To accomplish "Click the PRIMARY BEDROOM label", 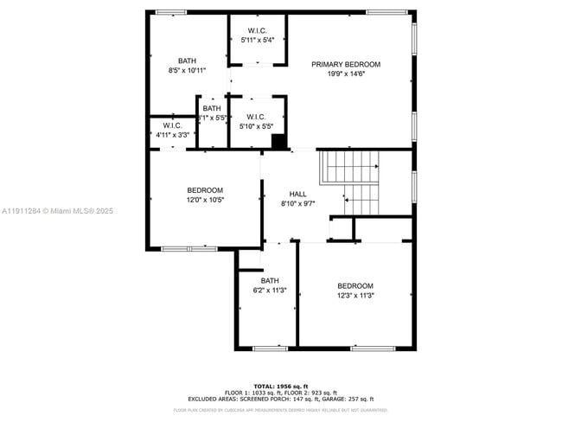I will (346, 65).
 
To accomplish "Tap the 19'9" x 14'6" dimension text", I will (346, 74).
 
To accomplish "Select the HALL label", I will (297, 194).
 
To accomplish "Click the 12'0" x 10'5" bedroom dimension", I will (205, 200).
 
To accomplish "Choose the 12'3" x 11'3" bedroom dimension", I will (354, 296).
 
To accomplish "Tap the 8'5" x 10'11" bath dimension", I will (187, 70).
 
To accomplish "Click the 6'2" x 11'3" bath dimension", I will (271, 291).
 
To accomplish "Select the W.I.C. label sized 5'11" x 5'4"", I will (257, 31).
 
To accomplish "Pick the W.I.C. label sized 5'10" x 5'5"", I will (256, 117).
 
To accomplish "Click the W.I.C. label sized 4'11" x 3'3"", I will (173, 125).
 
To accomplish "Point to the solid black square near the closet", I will (278, 142).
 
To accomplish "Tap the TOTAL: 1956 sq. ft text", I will (281, 386).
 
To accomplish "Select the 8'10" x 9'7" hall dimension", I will (297, 203).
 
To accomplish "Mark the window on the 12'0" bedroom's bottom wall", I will (189, 249).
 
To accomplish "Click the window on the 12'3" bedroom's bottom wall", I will (367, 348).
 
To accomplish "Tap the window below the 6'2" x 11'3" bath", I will (270, 348).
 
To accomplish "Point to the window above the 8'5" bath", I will (171, 11).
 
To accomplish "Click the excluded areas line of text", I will (281, 399).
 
